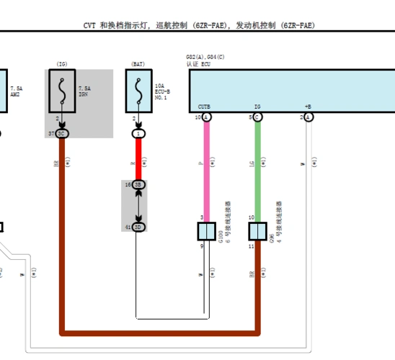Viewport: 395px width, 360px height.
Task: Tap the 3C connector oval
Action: [62, 134]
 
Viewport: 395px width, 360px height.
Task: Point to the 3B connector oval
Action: [138, 185]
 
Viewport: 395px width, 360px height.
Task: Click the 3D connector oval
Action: [138, 227]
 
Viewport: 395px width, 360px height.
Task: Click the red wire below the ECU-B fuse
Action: [138, 158]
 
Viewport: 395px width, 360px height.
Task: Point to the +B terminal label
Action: [308, 107]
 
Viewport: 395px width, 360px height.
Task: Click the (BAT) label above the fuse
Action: [138, 64]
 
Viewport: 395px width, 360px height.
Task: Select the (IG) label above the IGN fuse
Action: [62, 64]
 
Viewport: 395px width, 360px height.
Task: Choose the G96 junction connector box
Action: [257, 231]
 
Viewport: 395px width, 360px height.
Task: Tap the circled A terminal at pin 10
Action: [207, 117]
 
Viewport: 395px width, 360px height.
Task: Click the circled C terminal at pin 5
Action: [257, 117]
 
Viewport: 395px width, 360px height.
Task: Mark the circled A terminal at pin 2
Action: [308, 117]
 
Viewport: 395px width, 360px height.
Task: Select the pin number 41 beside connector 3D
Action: [127, 227]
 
